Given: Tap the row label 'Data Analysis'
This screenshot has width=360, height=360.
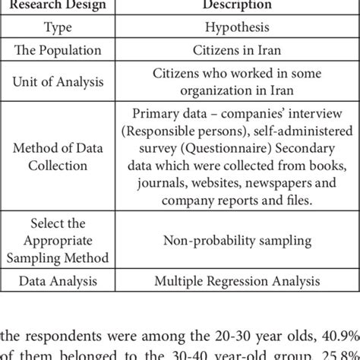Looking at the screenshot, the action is pos(59,282).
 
